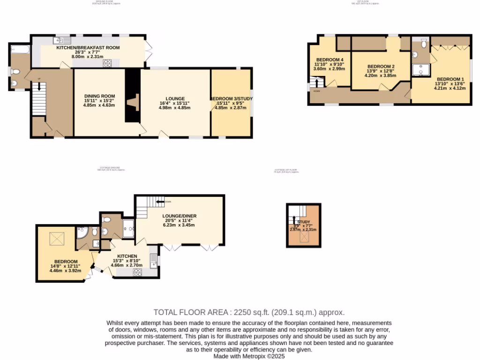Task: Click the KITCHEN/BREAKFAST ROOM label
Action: pos(88,48)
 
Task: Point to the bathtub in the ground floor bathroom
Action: pos(19,48)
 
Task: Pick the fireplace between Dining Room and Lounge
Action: pos(134,102)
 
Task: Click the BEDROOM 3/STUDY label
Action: pos(231,98)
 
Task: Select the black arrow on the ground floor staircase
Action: pos(39,86)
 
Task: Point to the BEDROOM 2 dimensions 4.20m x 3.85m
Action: pos(380,75)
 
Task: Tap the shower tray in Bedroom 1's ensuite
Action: pos(421,70)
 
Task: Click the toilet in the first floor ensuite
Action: pos(423,44)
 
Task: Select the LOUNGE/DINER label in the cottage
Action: pos(179,216)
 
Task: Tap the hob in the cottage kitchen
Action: pos(138,271)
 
